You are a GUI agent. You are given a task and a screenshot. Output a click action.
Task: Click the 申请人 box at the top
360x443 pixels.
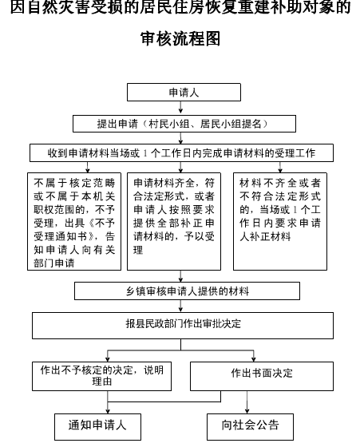point(184,92)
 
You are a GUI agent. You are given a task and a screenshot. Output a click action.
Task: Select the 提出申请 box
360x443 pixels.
point(184,124)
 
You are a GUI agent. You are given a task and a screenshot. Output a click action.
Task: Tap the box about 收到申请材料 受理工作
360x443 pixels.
point(181,152)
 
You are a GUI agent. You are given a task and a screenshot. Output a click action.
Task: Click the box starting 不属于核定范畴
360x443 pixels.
point(74,222)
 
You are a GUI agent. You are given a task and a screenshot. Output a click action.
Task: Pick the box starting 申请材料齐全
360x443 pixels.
point(174,222)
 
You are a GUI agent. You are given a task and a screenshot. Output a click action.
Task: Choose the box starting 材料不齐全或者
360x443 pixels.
point(280,222)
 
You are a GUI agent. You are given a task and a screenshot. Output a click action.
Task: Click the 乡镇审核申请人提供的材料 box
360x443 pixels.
point(187,291)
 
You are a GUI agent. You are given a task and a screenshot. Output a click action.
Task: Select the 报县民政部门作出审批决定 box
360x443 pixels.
point(183,326)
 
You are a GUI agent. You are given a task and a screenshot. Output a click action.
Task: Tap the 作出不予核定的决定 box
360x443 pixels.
point(101,376)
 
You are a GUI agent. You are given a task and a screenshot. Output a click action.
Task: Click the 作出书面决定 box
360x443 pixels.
point(262,376)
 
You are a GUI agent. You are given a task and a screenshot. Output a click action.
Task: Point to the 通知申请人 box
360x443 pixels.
point(97,426)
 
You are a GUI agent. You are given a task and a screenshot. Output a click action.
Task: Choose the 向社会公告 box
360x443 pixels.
point(250,426)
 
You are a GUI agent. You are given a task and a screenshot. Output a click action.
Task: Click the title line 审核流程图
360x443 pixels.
point(180,38)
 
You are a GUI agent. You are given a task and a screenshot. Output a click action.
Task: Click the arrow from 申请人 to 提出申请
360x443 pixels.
point(180,108)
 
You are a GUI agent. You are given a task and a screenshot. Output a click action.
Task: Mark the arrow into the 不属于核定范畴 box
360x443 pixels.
point(88,168)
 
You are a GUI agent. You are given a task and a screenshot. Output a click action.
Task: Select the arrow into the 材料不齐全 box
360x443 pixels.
point(280,168)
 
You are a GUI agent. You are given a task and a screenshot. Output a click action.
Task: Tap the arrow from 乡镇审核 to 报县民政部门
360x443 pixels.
point(180,306)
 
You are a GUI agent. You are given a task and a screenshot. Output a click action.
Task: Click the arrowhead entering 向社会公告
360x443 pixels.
point(247,411)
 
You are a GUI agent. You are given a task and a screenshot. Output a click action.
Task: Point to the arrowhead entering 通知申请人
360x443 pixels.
point(108,411)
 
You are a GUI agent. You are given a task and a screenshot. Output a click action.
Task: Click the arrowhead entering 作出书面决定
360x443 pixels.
point(254,359)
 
